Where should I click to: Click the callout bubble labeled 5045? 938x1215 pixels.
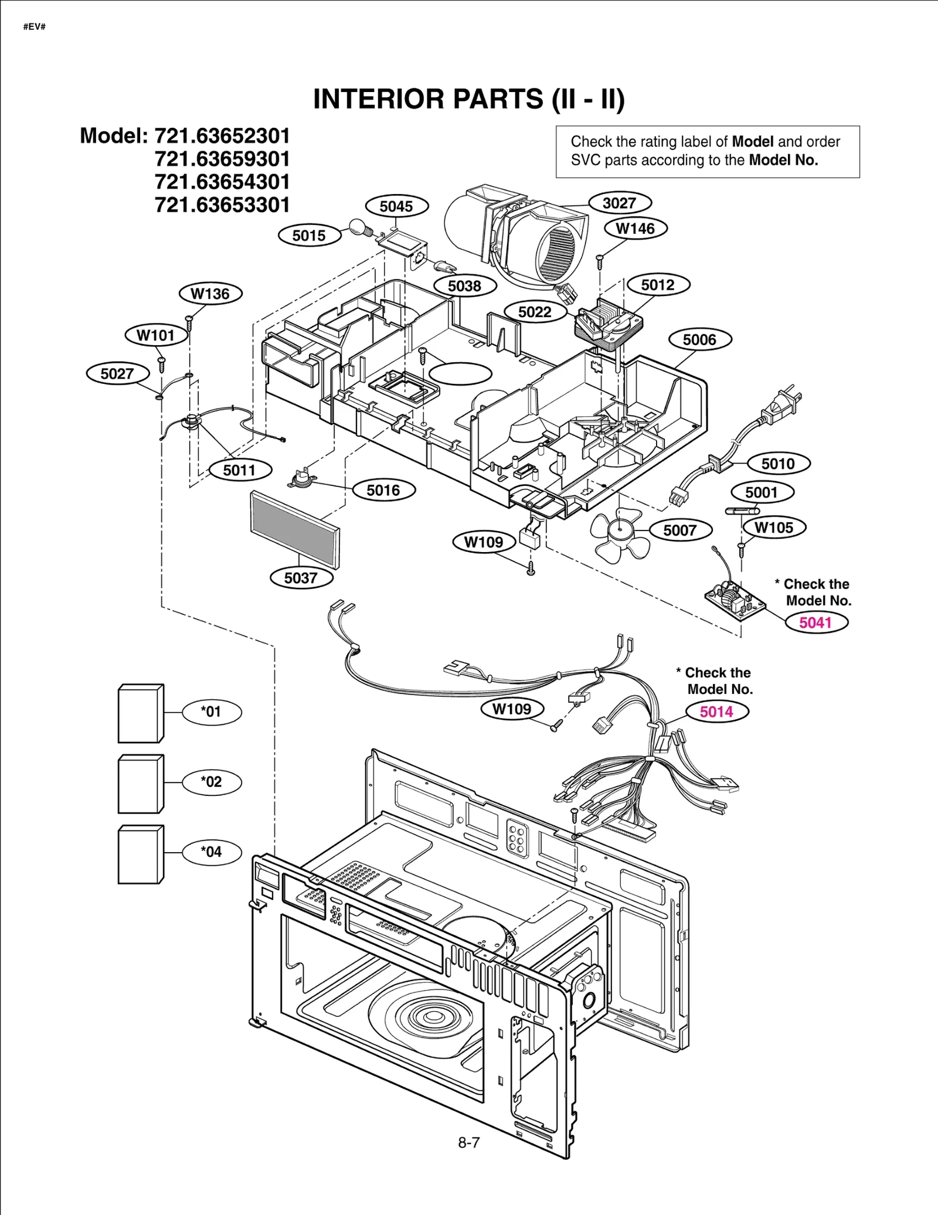tap(396, 206)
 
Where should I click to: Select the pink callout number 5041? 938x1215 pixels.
tap(815, 622)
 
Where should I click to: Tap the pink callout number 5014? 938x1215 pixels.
tap(716, 712)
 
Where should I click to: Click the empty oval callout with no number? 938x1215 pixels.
tap(460, 373)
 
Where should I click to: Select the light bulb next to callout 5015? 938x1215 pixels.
tap(358, 227)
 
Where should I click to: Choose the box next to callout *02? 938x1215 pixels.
tap(141, 784)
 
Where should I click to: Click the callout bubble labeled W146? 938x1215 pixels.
tap(635, 229)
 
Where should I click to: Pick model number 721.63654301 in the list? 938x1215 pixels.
tap(222, 182)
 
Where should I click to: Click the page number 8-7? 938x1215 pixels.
tap(468, 1142)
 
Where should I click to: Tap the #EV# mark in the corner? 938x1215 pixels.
tap(35, 27)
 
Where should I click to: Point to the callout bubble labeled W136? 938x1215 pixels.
tap(210, 294)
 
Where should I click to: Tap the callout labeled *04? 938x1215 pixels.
tap(212, 852)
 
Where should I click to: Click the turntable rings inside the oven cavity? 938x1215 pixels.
tap(433, 1017)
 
